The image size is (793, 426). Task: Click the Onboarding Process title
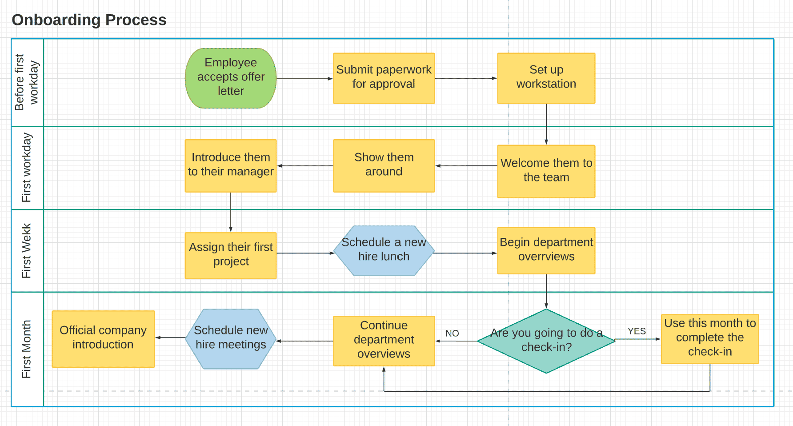coord(89,20)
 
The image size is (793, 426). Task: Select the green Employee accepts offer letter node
coord(231,78)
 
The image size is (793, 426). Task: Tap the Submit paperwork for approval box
coord(384,78)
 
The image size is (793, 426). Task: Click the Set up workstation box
coord(546,78)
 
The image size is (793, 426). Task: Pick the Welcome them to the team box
coord(546,171)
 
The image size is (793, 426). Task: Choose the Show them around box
coord(384,165)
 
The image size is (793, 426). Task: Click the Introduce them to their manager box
coord(231,165)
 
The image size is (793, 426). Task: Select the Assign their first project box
coord(231,255)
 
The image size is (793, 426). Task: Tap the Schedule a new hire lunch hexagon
coord(384,250)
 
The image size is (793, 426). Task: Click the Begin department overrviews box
coord(546,250)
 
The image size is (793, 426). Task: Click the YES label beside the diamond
coord(637,331)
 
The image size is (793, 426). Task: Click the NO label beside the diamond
coord(452,334)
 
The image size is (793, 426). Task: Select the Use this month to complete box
coord(709,339)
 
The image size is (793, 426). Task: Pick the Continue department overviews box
coord(384,341)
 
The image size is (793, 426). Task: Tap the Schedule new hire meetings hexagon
coord(231,339)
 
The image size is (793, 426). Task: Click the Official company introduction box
coord(103,339)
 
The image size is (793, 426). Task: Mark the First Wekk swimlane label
coord(27,251)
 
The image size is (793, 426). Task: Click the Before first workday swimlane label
coord(27,82)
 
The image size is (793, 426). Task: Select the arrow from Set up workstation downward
coord(546,125)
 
